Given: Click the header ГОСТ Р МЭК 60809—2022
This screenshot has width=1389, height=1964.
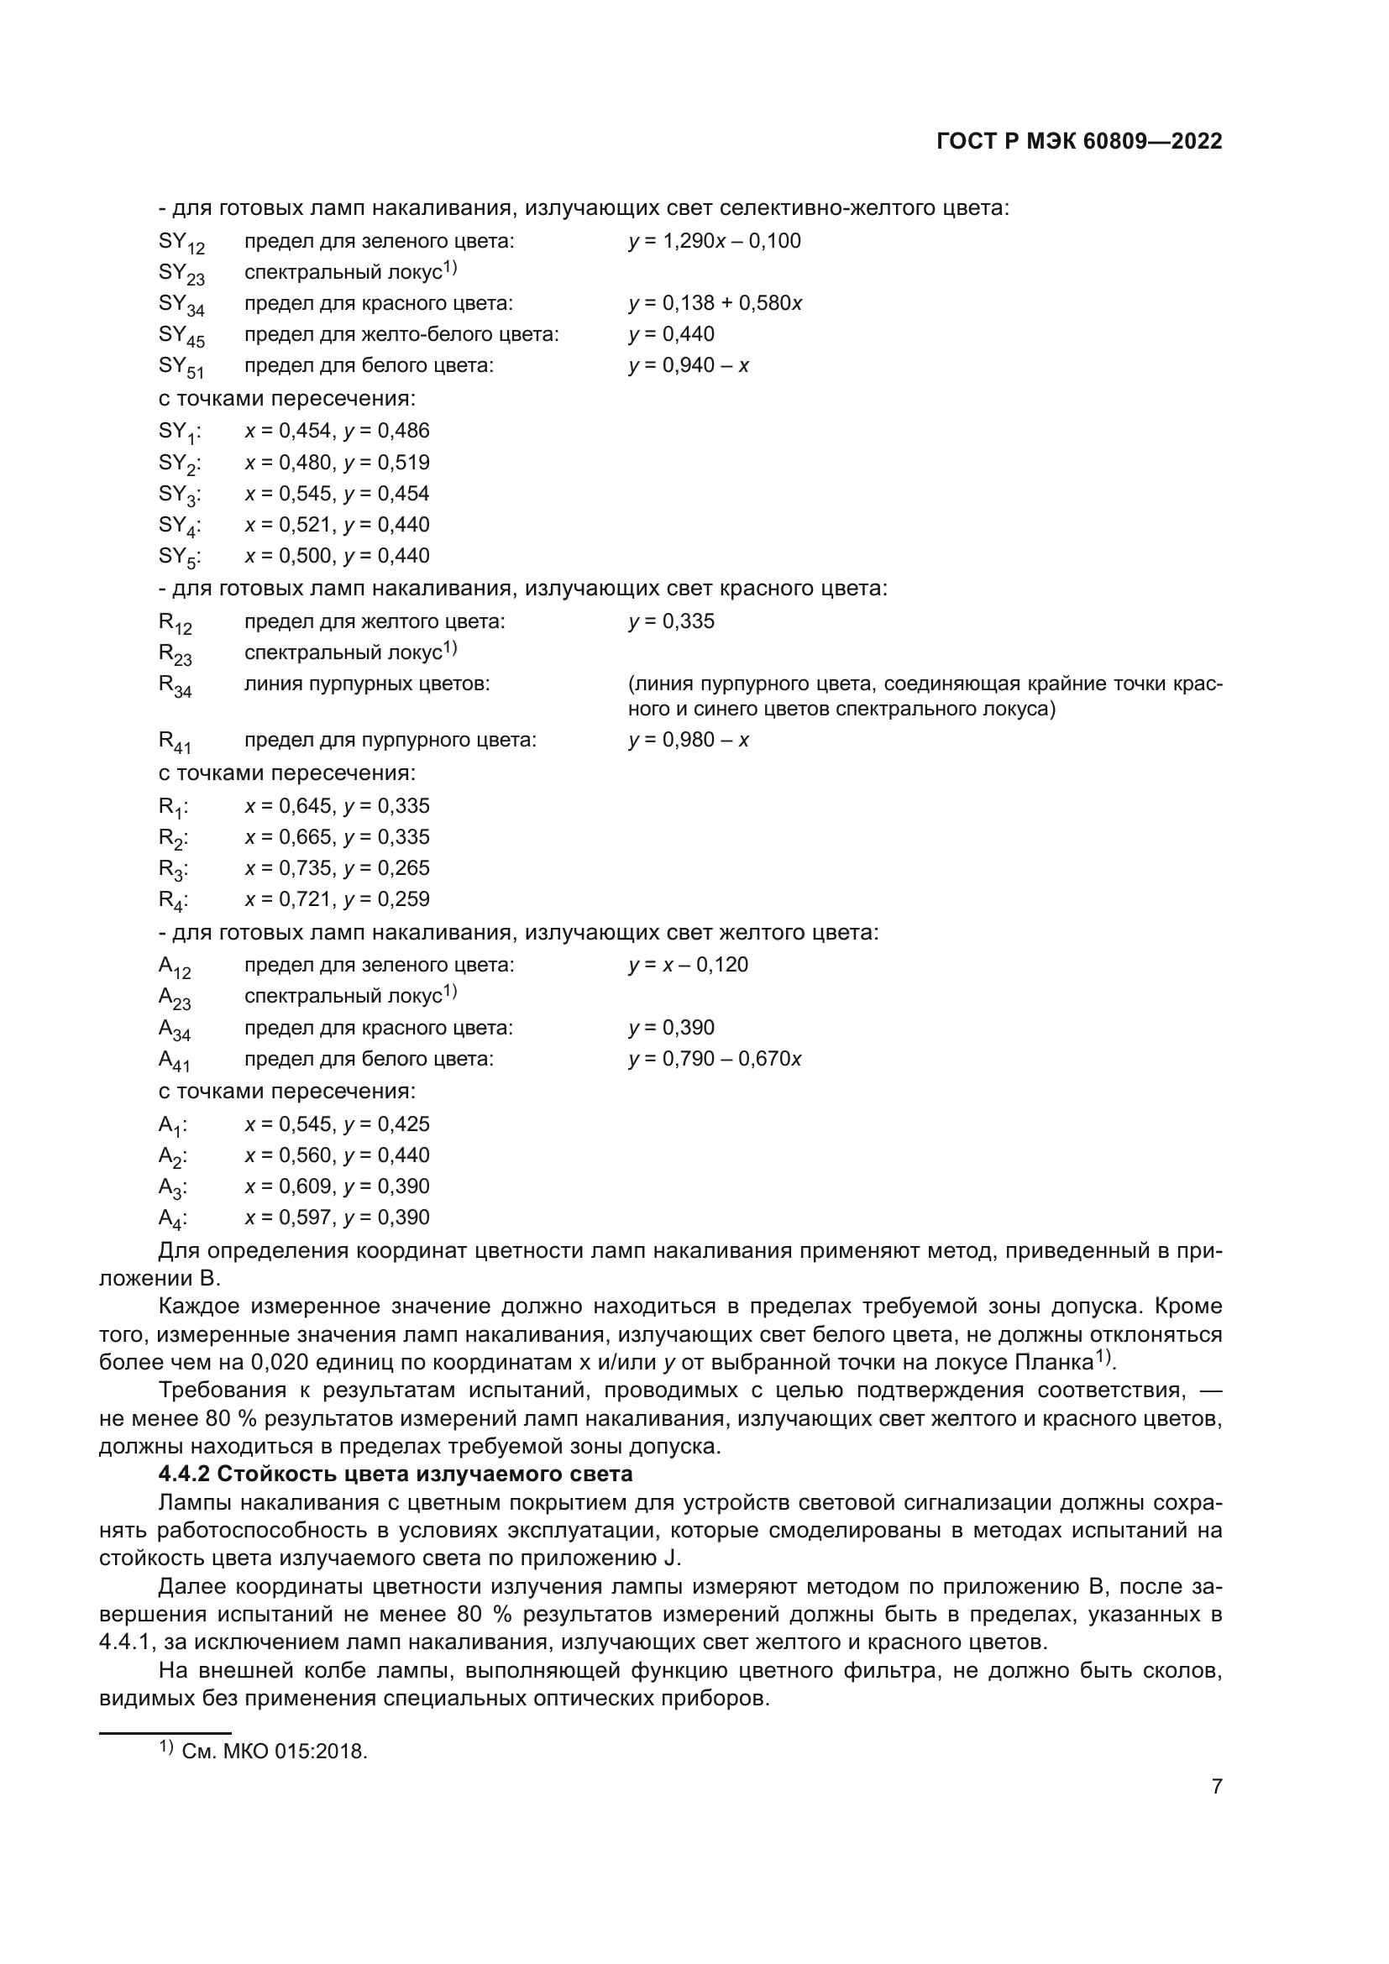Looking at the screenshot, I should pyautogui.click(x=1079, y=142).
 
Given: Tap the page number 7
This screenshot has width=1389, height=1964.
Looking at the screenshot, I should pyautogui.click(x=1216, y=1786).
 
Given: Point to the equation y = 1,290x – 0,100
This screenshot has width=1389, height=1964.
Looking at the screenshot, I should pyautogui.click(x=714, y=241).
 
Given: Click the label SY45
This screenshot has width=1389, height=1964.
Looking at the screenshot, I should pyautogui.click(x=181, y=336).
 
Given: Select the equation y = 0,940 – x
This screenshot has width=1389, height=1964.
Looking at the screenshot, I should pyautogui.click(x=689, y=366).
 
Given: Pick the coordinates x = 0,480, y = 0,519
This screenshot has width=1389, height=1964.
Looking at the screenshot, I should pyautogui.click(x=337, y=463).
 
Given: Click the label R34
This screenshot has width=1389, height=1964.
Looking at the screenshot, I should pyautogui.click(x=176, y=686).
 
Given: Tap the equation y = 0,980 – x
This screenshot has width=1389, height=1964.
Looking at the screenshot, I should pyautogui.click(x=689, y=740).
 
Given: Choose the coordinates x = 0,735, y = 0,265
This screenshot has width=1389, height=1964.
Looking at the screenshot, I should pyautogui.click(x=337, y=868).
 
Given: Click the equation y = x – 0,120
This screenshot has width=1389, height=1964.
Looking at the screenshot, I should pyautogui.click(x=689, y=965).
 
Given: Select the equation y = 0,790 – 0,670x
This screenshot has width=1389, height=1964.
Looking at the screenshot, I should pyautogui.click(x=714, y=1059).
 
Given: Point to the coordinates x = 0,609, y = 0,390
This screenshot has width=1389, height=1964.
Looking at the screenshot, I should pyautogui.click(x=337, y=1186).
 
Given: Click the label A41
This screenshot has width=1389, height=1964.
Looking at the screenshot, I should pyautogui.click(x=175, y=1061).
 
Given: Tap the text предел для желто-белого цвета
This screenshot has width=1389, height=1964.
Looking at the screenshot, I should pyautogui.click(x=401, y=334).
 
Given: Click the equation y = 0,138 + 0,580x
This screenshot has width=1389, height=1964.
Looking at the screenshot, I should pyautogui.click(x=714, y=304).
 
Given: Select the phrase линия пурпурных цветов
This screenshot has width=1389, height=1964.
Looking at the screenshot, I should pyautogui.click(x=367, y=684).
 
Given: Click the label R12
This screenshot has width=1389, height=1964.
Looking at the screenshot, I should pyautogui.click(x=176, y=624).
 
